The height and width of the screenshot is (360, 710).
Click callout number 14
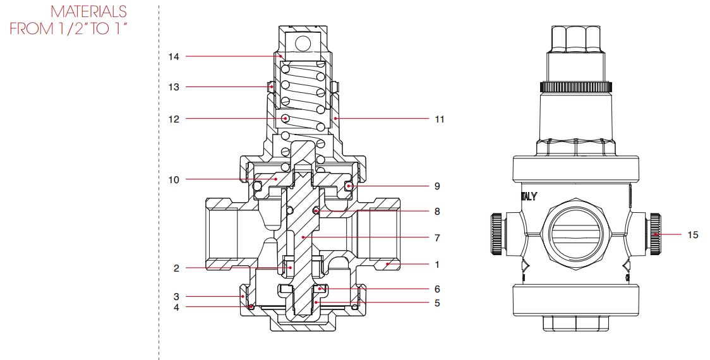pos(173,57)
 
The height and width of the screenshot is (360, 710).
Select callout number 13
pos(173,87)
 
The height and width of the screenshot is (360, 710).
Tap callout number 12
pos(173,118)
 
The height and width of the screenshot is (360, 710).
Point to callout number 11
pos(439,118)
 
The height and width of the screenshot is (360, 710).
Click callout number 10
pos(173,180)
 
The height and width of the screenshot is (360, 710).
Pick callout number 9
pos(437,187)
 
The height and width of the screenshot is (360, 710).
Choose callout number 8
pos(437,212)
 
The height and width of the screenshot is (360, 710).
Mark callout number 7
pos(437,238)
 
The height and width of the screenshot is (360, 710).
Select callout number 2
pos(176,268)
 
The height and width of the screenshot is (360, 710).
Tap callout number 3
pos(176,296)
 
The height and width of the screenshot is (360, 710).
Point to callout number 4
pos(176,308)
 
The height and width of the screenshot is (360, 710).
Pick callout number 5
pos(437,303)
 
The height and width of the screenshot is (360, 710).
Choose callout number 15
pos(693,235)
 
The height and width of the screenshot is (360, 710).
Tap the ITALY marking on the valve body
pos(529,196)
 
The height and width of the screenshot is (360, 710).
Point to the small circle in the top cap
pos(303,43)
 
